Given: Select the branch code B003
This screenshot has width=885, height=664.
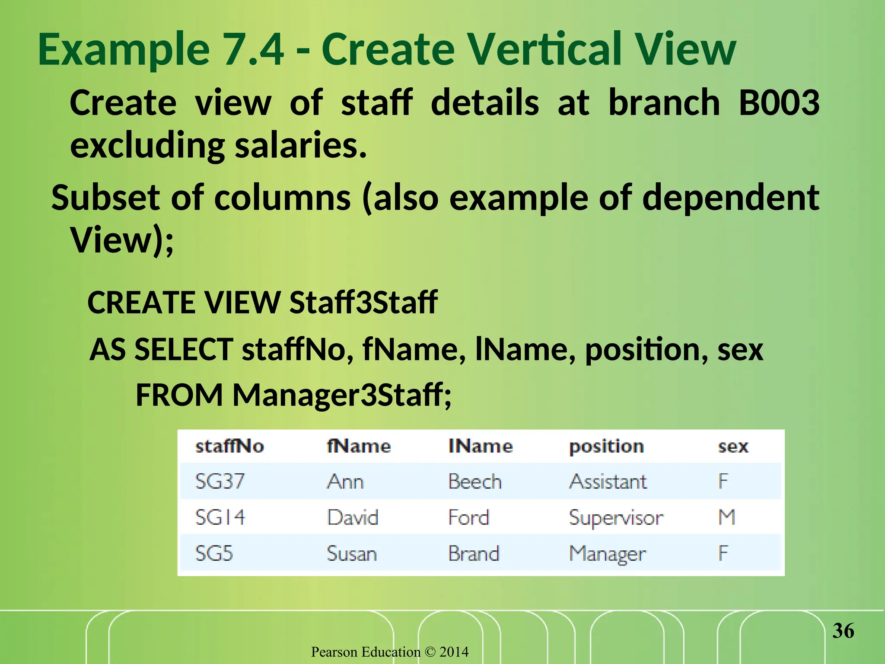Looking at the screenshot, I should coord(779,103).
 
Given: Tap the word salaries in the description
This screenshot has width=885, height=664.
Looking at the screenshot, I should coord(300,145).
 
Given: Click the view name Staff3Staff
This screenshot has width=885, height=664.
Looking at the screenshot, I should coord(363,302).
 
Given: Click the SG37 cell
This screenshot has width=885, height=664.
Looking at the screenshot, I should coord(220,481).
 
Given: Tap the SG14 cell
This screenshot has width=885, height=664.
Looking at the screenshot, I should coord(220,517).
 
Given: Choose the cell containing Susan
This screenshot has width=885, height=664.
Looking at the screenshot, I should coord(352,554).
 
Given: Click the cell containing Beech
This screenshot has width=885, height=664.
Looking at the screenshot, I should coord(474,482).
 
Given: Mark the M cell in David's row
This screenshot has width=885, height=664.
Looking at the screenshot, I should coord(727,517).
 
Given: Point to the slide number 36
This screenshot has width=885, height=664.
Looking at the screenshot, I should coord(843,631).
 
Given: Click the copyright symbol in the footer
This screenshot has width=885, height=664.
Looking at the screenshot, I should coord(430,652).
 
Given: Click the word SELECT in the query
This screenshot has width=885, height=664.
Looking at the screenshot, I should coord(184,349).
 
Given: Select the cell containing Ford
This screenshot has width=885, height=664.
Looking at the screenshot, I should coord(468,517).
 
